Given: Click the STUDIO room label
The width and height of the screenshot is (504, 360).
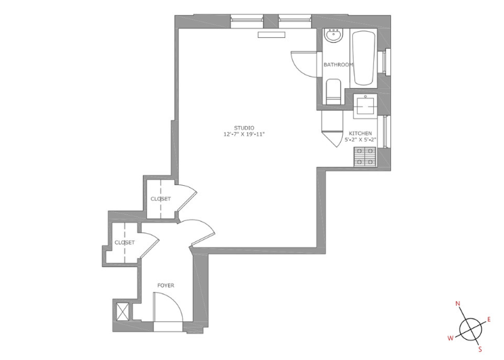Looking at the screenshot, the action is click(x=244, y=127).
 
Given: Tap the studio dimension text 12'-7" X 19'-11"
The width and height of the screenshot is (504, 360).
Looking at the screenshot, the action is click(x=244, y=134).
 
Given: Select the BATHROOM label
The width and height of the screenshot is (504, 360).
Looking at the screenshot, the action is click(x=339, y=64).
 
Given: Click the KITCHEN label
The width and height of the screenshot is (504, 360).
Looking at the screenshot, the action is click(x=360, y=133).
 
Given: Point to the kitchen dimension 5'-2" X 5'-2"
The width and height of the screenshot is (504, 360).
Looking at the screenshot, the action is click(x=360, y=140).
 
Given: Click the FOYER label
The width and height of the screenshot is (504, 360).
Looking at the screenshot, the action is click(x=166, y=285).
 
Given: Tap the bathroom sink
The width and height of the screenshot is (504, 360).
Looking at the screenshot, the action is click(x=334, y=35).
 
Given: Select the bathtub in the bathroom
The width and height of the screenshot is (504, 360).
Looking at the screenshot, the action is click(x=364, y=58).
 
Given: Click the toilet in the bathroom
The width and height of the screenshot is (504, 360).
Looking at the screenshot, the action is click(x=333, y=92).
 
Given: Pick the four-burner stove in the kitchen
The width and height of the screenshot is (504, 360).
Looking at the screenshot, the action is click(x=365, y=157).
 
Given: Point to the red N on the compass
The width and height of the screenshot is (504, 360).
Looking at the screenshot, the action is click(x=458, y=303).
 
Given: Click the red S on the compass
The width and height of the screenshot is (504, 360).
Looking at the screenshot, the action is click(x=480, y=349).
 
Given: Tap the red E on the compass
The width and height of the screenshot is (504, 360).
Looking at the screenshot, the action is click(x=489, y=319).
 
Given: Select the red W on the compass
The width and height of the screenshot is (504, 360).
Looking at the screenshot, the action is click(x=450, y=338).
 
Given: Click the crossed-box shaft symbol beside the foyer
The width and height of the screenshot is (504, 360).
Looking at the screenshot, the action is click(x=123, y=311).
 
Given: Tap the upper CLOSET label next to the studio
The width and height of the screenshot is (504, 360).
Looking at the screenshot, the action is click(x=161, y=199).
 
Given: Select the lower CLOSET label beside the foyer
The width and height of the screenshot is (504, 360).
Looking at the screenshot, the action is click(x=125, y=243).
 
